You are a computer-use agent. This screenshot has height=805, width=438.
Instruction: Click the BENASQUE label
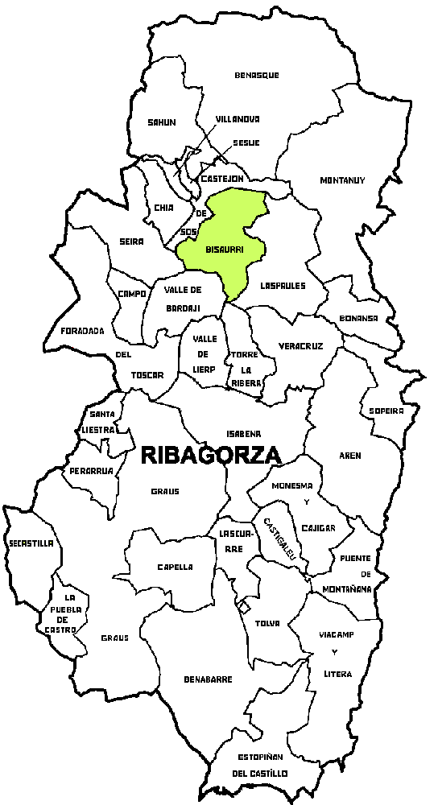tap(257, 75)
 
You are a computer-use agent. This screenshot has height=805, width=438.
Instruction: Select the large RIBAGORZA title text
tap(211, 455)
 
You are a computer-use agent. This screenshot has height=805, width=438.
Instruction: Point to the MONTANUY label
tap(342, 180)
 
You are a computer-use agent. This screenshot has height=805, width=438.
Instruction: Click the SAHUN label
tap(161, 122)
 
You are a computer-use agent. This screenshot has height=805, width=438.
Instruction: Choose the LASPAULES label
tap(283, 285)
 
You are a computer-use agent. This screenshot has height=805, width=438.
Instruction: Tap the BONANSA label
tap(358, 318)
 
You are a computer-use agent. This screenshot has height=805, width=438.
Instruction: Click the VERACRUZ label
tap(300, 346)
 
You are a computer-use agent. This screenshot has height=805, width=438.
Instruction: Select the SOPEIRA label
tap(386, 411)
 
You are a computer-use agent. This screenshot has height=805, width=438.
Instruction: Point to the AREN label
tap(350, 456)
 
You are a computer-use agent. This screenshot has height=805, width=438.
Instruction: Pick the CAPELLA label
tap(175, 567)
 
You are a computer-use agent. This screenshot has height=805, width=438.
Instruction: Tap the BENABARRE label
tap(208, 679)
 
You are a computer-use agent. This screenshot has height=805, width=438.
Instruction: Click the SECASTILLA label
tap(31, 543)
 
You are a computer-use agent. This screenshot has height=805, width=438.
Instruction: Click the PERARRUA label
tap(90, 470)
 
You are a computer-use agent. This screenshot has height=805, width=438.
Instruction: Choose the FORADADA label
tap(82, 330)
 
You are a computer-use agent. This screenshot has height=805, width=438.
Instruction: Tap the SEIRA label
tap(130, 242)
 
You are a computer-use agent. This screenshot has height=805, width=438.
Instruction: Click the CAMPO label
tap(131, 294)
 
